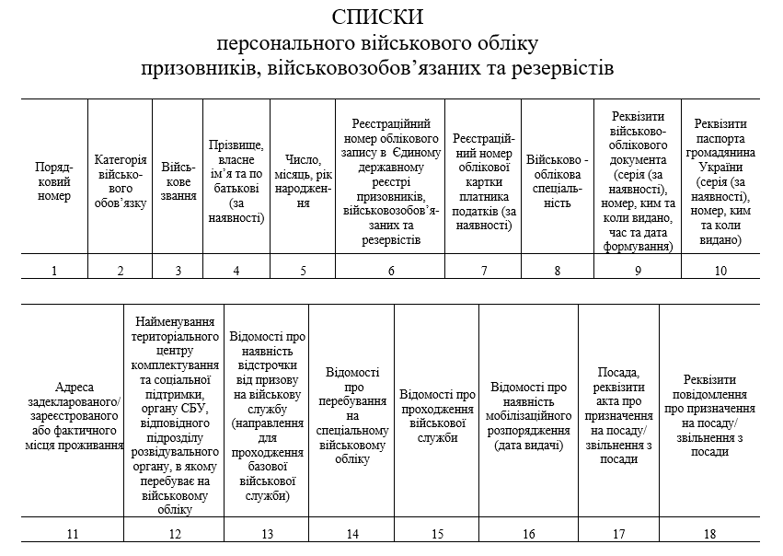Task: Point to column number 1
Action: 54,270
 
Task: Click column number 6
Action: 391,270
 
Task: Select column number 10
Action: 720,270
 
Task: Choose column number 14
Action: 351,534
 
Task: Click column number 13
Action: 267,534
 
